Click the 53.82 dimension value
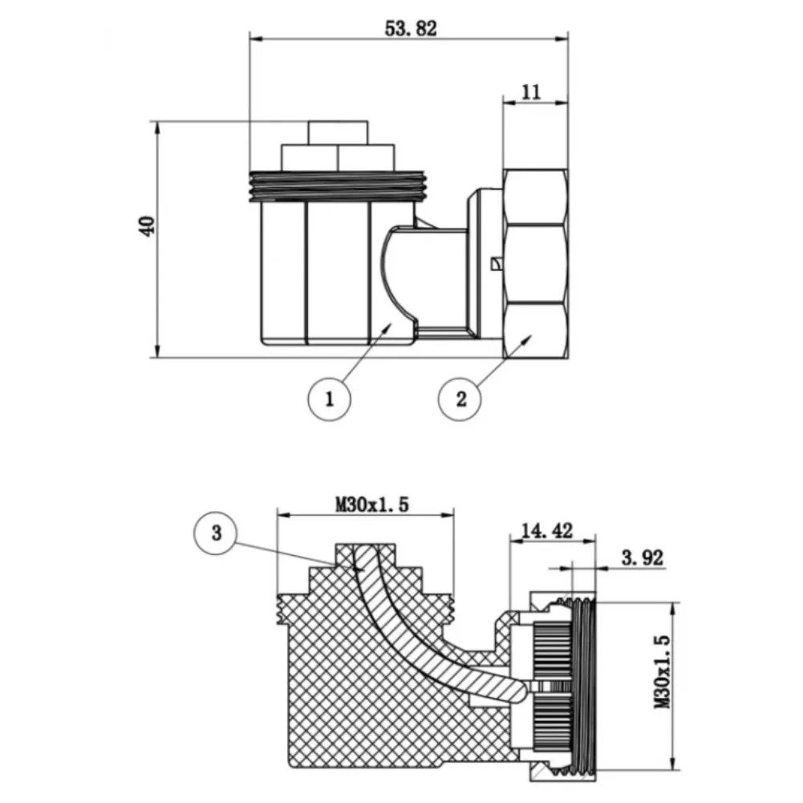pos(411,29)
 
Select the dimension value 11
pos(531,92)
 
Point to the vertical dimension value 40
pos(147,226)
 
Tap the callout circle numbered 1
pos(329,399)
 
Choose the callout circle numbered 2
pos(460,399)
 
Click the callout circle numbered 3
pos(216,533)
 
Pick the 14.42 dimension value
pos(546,530)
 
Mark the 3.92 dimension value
pos(643,558)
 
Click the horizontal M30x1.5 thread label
pos(372,505)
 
